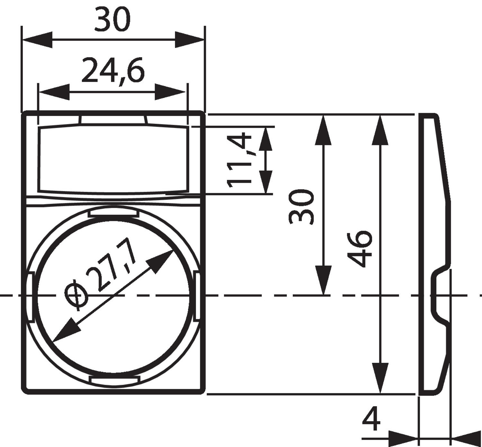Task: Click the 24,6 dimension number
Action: (113, 70)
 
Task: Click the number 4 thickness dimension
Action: (371, 419)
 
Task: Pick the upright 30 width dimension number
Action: (112, 20)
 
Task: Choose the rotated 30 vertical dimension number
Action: (301, 207)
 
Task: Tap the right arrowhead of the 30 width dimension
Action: (190, 40)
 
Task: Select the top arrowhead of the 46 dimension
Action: (380, 130)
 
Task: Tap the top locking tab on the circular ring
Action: (113, 212)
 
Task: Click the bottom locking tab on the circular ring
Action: (114, 381)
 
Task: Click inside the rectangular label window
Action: (112, 159)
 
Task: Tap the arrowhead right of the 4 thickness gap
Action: (466, 438)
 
